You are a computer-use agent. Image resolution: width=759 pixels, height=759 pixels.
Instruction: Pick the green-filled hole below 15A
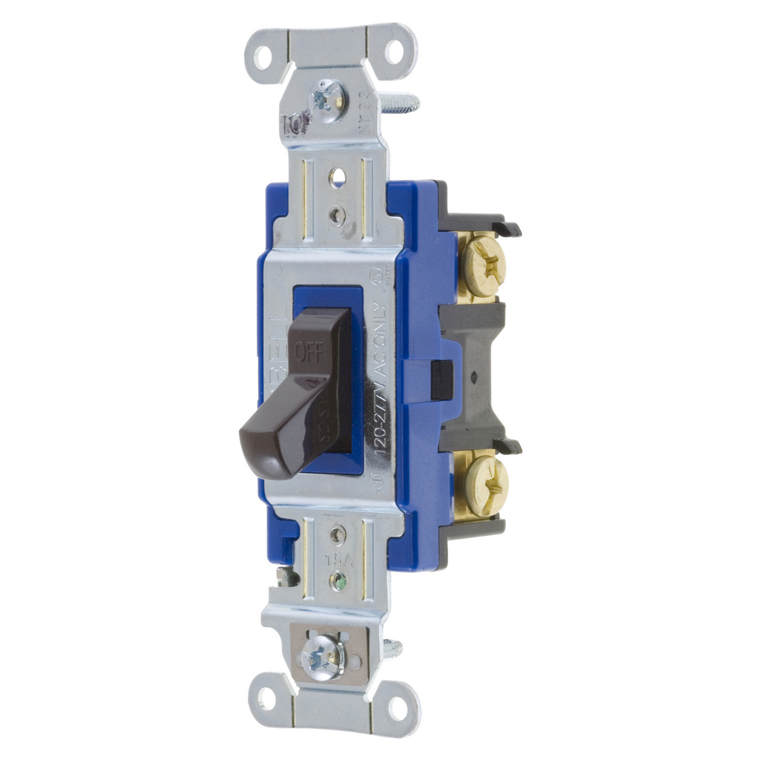[340, 578]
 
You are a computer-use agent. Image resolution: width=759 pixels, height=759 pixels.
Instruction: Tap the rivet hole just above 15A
[338, 536]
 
